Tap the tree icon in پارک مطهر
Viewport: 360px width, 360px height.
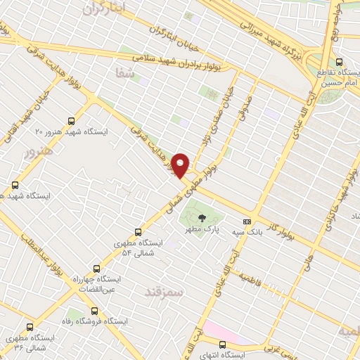202,217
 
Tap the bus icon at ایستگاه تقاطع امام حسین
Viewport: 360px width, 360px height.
340,62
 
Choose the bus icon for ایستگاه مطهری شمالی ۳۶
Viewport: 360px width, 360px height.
30,326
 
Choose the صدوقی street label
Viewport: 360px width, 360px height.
245,106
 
